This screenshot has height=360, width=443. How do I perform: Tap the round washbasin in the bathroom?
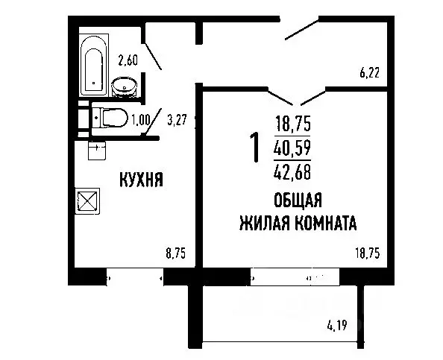(x=125, y=88)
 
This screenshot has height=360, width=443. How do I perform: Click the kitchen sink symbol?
(x=96, y=151)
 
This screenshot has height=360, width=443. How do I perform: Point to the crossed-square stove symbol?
(x=87, y=200)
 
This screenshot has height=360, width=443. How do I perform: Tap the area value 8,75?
(x=175, y=253)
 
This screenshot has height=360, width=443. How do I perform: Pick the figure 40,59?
(x=292, y=148)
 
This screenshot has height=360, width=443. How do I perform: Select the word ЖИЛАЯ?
(x=262, y=222)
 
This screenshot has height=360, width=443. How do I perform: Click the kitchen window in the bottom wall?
(x=134, y=277)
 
